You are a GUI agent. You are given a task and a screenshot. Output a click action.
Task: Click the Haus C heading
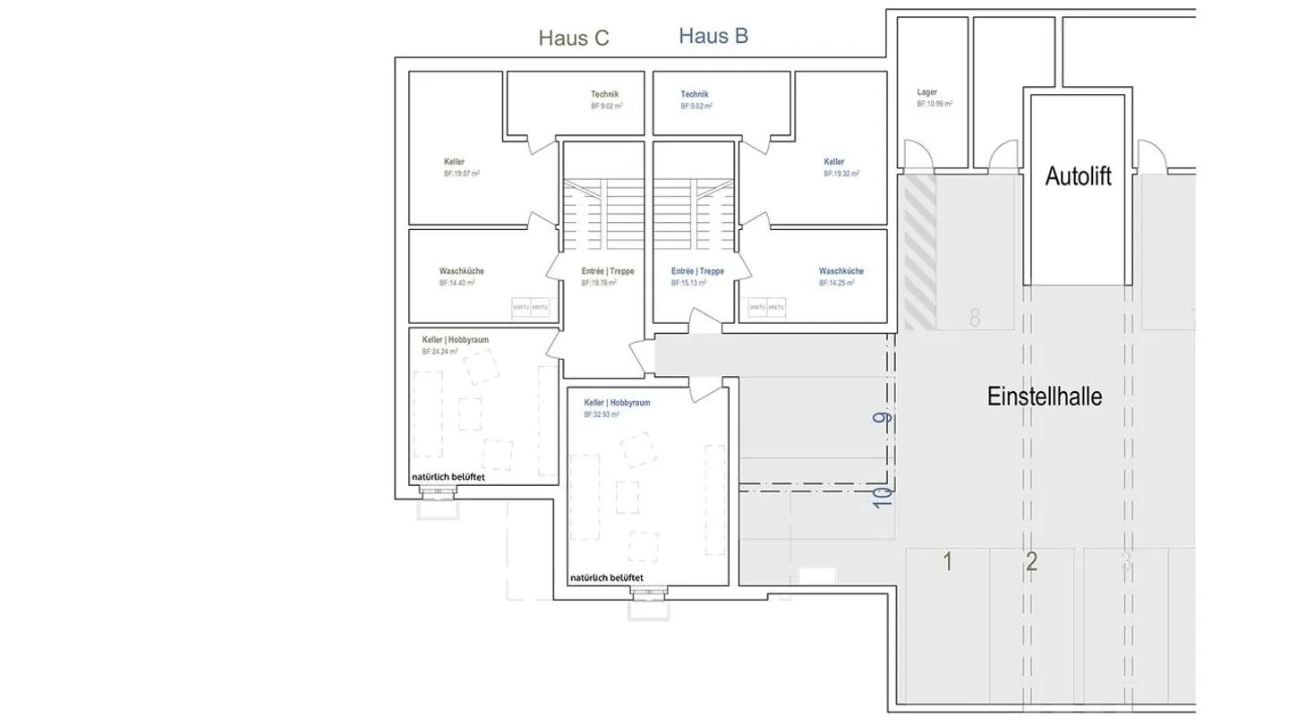coord(573,38)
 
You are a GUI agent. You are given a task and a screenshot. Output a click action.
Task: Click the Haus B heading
coord(713,36)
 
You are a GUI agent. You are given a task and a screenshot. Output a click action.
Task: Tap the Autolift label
coord(1078,176)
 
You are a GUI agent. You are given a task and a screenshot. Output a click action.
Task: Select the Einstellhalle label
coord(1044,397)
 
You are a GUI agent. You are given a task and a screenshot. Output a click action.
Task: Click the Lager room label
coord(926,92)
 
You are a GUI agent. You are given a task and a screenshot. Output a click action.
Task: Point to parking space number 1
coord(948,562)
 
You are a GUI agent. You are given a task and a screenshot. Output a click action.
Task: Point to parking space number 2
coord(1031,562)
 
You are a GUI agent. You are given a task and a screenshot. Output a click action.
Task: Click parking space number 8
coord(975,318)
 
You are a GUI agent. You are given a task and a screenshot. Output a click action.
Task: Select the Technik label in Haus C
coord(604,94)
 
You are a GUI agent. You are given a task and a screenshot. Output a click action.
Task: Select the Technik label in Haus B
coord(695,94)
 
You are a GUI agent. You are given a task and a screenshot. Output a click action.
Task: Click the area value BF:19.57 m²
coord(462,174)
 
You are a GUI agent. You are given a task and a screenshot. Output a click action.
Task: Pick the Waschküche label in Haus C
coord(461,271)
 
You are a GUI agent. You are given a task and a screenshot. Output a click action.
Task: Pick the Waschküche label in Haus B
coord(841,271)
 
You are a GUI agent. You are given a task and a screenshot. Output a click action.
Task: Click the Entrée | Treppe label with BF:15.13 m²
coord(697,271)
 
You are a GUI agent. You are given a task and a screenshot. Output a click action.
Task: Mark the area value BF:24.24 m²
coord(440,352)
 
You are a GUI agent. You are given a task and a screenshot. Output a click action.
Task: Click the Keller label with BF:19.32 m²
coord(833,162)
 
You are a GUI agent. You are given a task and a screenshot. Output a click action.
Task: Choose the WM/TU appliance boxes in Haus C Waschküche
coord(530,308)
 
